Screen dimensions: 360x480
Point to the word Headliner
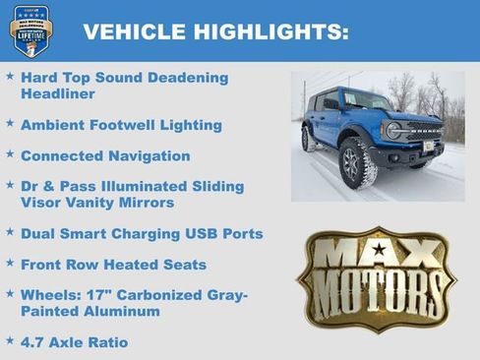coord(58,94)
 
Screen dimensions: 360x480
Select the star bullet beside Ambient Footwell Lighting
coord(10,124)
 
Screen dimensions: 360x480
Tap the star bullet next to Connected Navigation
coord(10,154)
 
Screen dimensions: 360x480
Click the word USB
coord(201,234)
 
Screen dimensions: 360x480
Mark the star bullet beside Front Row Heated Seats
coord(10,264)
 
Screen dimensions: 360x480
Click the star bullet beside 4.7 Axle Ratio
coord(10,341)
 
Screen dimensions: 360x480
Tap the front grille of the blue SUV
coord(425,131)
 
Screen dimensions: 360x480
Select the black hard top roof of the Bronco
coord(339,91)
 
